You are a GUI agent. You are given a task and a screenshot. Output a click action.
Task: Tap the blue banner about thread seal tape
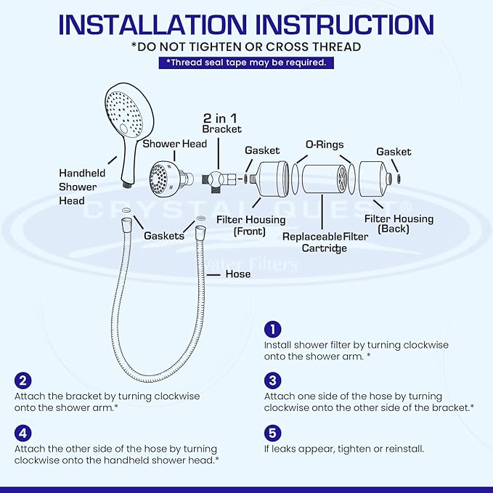point(246,62)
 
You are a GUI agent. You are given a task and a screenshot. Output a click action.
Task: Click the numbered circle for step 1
point(272,329)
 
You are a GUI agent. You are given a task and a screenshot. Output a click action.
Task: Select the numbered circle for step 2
point(23,380)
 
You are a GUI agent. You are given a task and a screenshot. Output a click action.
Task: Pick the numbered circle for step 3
point(272,380)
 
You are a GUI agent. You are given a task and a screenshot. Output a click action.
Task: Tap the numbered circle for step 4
point(23,433)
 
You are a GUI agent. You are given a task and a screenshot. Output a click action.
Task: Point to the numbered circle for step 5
point(272,433)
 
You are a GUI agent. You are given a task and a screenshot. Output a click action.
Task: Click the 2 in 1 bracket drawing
point(215,176)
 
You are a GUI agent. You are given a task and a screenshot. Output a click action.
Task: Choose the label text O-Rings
point(324,144)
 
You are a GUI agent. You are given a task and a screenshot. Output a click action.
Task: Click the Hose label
point(237,274)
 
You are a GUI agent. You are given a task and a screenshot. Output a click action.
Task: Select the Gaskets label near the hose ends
point(164,236)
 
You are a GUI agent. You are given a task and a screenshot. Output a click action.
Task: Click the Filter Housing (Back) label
point(399,224)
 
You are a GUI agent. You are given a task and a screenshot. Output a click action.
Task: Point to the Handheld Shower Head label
point(82,187)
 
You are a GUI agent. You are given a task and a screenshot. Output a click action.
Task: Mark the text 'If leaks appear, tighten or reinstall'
point(343,449)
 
